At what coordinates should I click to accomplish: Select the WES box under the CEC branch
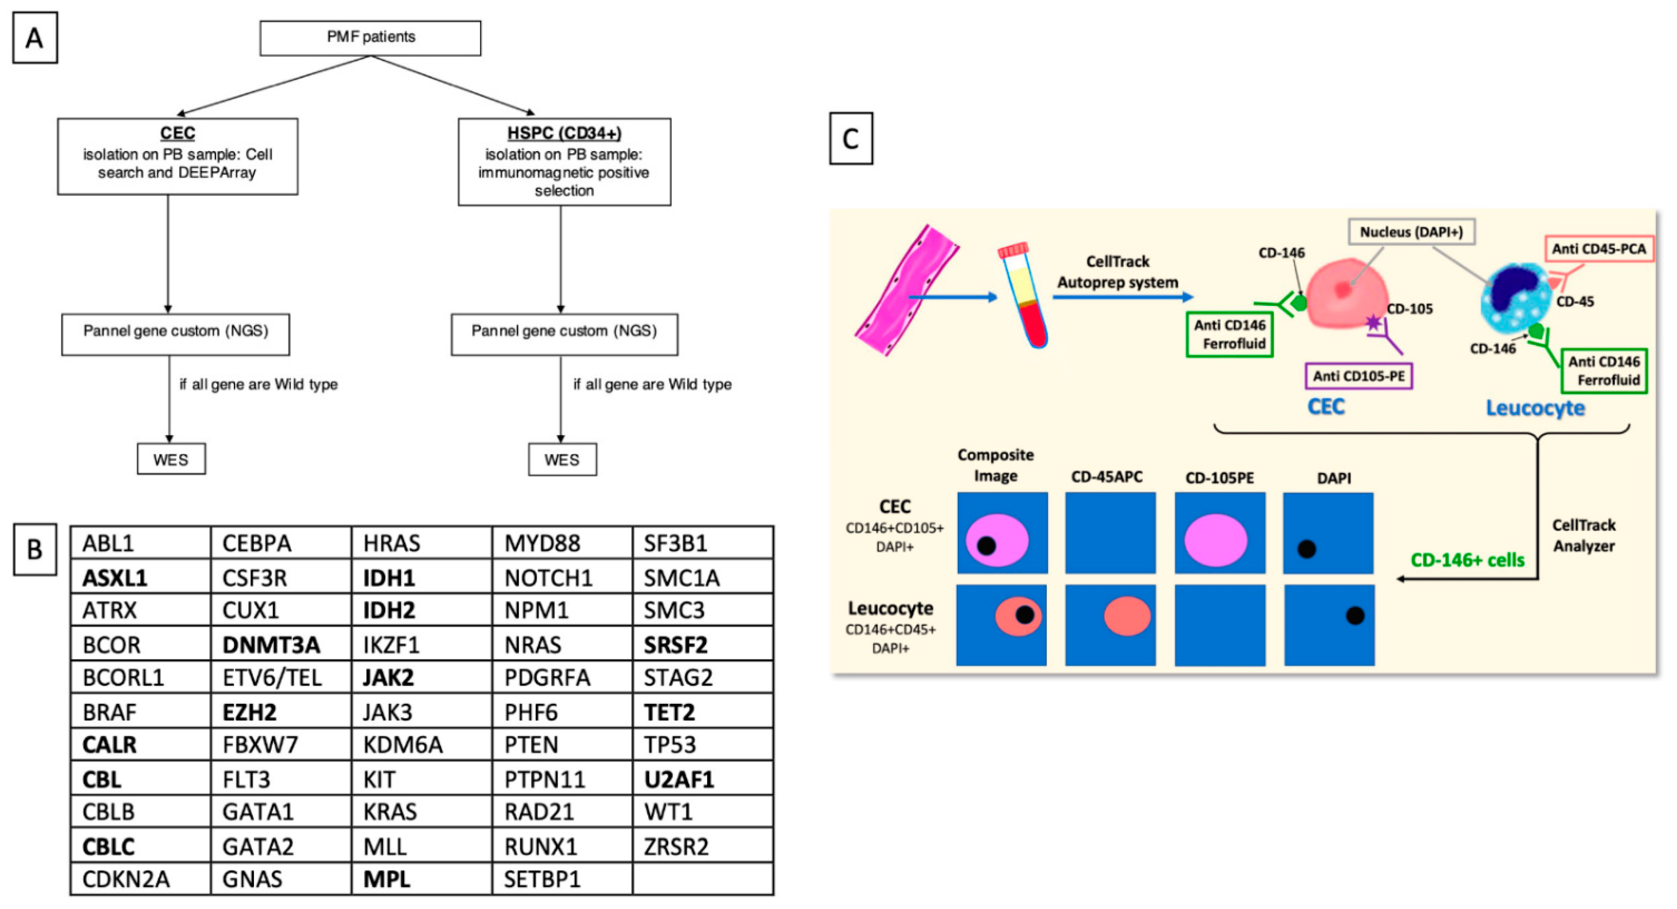(x=171, y=460)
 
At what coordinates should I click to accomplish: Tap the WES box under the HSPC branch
(x=562, y=460)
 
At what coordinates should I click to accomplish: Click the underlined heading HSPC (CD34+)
(x=564, y=133)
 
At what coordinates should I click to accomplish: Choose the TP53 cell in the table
(x=670, y=744)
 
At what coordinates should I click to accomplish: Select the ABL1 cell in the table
(x=109, y=543)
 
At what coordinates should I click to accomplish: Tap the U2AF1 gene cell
(x=679, y=780)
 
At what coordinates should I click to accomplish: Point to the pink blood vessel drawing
(x=906, y=290)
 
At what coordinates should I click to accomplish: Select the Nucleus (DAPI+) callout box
(x=1411, y=232)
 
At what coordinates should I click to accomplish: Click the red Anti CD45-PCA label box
(x=1598, y=249)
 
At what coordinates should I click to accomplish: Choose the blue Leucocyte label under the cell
(x=1534, y=408)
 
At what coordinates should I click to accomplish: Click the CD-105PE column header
(x=1219, y=478)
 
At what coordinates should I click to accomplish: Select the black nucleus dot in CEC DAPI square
(x=1306, y=549)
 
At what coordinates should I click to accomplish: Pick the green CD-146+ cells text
(x=1467, y=560)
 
